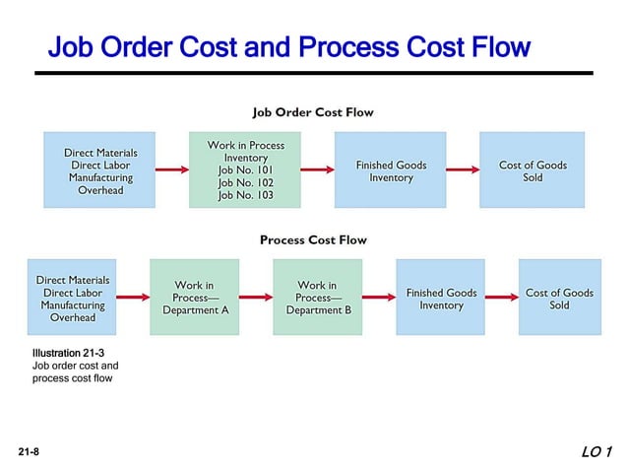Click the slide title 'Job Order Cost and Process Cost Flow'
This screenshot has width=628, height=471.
[288, 46]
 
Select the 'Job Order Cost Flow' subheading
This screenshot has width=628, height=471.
[313, 112]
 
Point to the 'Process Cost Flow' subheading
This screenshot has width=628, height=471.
[313, 239]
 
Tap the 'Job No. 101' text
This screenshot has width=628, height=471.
[245, 170]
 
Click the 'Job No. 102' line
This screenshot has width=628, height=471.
[245, 183]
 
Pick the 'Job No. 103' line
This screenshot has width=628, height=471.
[245, 196]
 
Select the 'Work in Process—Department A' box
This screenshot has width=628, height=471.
[194, 298]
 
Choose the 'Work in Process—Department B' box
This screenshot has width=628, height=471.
[317, 298]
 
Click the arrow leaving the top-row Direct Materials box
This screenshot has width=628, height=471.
[171, 170]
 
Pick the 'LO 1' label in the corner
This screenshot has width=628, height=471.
[597, 452]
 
